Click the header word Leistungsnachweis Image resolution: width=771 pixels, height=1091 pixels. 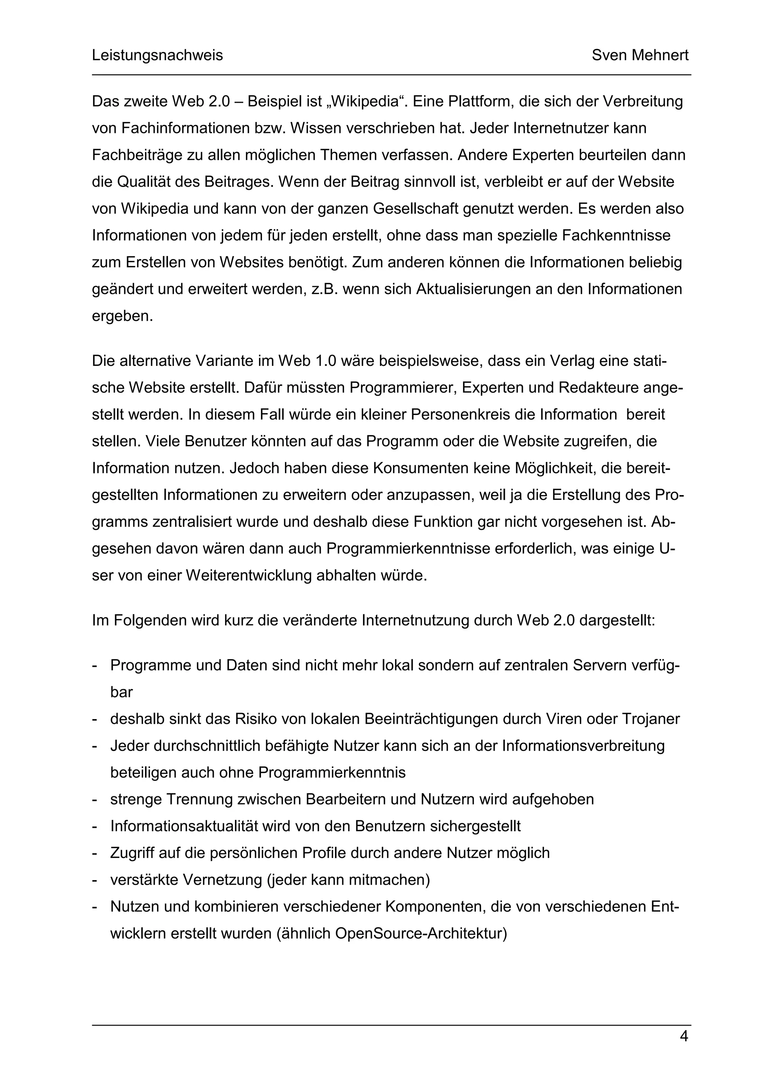click(x=157, y=56)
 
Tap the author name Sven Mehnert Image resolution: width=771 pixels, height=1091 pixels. click(x=640, y=56)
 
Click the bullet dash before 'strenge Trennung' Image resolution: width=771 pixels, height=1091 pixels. click(x=94, y=800)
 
